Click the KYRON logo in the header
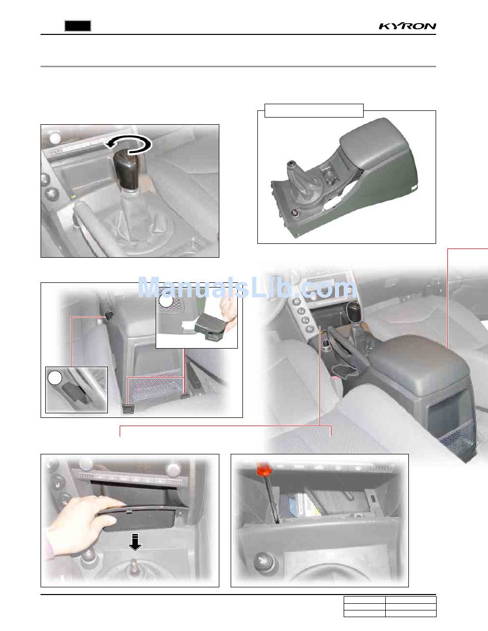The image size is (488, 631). point(407,26)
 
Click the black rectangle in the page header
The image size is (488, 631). point(78,26)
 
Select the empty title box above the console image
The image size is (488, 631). point(314,110)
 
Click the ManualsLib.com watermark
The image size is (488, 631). point(247,287)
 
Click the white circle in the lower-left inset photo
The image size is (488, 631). point(55,378)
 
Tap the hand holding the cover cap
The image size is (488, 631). point(230,315)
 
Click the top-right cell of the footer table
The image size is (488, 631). point(411,600)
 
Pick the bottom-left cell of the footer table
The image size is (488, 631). point(365,614)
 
